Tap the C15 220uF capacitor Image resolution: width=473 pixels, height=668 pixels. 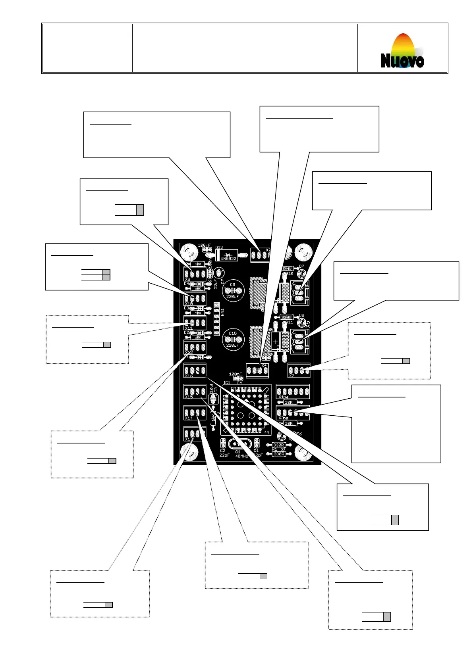coord(233,339)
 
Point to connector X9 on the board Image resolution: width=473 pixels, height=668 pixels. coord(195,273)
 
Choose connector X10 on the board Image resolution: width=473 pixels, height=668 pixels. coord(195,298)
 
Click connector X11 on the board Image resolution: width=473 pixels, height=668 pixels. coord(195,322)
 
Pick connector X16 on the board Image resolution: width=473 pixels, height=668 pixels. coord(195,370)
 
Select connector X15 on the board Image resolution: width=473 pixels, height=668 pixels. coord(195,392)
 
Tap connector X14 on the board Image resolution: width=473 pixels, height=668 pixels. coord(195,413)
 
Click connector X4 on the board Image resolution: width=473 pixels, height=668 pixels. coord(257,370)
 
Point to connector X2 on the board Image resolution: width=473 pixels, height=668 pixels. coord(299,370)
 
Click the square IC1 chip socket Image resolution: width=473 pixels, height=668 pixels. coord(246,410)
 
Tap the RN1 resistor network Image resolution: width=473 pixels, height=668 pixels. coord(216,319)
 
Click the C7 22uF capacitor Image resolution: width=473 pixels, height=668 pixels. coord(218,273)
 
